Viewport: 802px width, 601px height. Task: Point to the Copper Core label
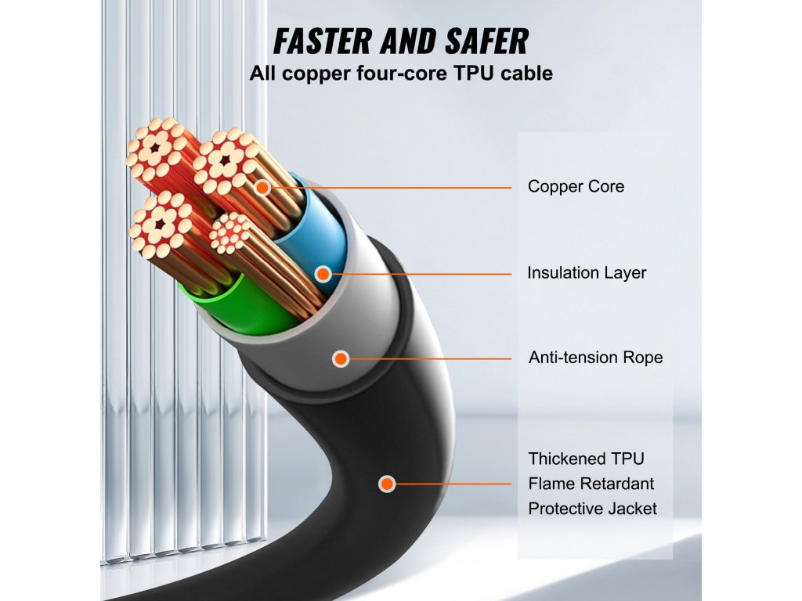click(576, 187)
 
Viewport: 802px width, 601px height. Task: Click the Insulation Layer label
click(587, 273)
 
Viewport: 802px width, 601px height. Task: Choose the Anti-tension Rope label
click(595, 358)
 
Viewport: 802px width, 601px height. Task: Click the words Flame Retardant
click(591, 484)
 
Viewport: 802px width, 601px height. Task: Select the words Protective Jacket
click(592, 509)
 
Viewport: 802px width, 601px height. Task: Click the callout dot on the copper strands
click(262, 188)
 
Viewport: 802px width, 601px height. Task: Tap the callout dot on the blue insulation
click(323, 274)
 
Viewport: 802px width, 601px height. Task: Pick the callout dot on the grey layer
click(341, 358)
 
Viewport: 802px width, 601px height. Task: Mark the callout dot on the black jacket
click(386, 484)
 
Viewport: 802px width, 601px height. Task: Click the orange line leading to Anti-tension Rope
click(431, 358)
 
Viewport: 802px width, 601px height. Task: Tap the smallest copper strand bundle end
click(230, 232)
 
